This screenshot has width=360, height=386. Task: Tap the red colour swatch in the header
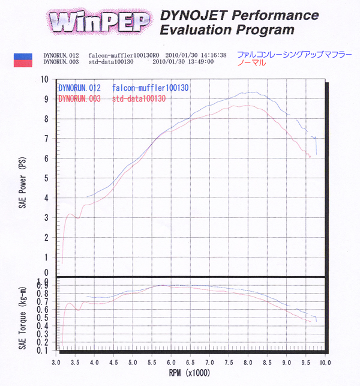coord(22,61)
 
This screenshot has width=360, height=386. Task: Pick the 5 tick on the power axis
coord(47,178)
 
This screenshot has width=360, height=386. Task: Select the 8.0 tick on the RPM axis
coord(248,363)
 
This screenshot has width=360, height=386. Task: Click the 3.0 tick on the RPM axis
coord(56,363)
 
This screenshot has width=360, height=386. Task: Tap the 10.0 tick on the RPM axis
coord(325,363)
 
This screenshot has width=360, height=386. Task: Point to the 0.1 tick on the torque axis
coord(46,349)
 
